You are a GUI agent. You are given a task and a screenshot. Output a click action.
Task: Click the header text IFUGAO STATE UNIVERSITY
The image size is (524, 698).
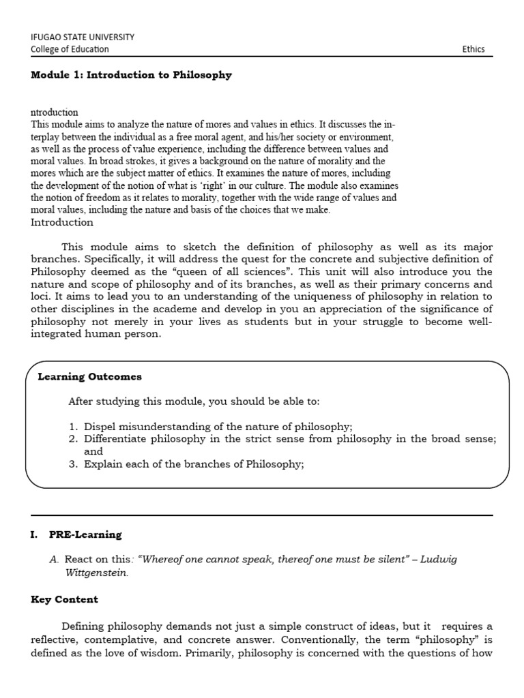click(x=83, y=37)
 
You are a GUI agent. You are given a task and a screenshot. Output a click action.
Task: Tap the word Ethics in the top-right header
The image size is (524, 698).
click(x=473, y=49)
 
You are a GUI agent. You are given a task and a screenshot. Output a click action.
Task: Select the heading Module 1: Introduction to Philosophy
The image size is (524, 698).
click(x=131, y=75)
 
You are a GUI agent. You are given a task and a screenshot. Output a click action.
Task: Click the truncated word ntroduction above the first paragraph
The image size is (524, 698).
click(x=55, y=112)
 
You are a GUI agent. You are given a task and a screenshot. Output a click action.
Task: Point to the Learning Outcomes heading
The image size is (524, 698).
click(x=89, y=376)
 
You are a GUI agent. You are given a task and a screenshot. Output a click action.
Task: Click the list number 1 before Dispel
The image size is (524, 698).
click(x=72, y=427)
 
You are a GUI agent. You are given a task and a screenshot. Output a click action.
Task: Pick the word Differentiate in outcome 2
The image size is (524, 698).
click(x=116, y=439)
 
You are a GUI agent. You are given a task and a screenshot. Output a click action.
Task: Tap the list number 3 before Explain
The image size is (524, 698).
click(x=72, y=464)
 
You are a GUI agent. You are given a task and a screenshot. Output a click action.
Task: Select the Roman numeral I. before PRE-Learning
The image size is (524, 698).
click(x=33, y=534)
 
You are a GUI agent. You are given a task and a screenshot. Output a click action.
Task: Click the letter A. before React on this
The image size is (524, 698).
click(x=55, y=560)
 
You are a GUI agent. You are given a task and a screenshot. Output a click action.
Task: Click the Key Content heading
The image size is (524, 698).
click(x=64, y=599)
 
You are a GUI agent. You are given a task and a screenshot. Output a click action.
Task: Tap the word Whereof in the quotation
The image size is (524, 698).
click(x=161, y=560)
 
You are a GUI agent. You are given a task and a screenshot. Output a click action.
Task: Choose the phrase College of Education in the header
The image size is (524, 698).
click(x=70, y=49)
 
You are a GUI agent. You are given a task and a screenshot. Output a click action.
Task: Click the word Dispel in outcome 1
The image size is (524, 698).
click(x=100, y=427)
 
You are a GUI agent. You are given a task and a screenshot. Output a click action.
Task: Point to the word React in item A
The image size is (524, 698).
click(x=78, y=560)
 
